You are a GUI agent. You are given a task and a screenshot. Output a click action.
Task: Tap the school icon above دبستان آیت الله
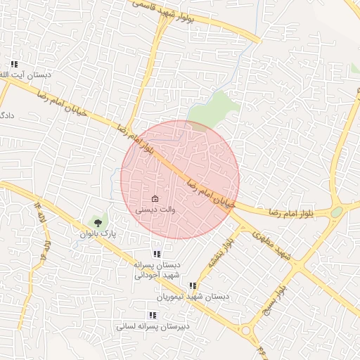[14, 64]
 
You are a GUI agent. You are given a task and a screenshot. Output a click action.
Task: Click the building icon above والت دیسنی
[155, 199]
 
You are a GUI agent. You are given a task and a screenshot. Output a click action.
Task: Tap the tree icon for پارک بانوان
[97, 222]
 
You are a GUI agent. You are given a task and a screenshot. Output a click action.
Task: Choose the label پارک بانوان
[96, 233]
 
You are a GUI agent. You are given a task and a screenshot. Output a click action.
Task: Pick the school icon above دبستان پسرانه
[156, 254]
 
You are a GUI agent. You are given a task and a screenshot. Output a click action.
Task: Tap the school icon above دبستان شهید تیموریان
[193, 285]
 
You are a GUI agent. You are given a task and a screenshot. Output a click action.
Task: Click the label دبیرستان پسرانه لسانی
[153, 327]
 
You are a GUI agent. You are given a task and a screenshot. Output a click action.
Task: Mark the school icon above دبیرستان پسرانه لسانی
[153, 316]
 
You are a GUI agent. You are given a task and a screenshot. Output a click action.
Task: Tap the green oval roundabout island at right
[337, 212]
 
